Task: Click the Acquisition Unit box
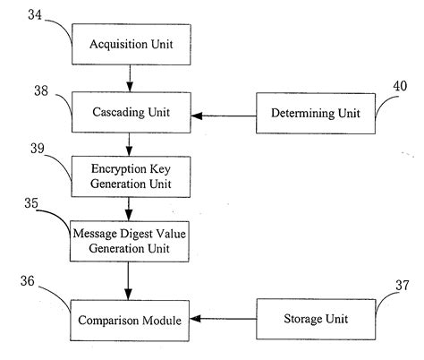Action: (x=131, y=44)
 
